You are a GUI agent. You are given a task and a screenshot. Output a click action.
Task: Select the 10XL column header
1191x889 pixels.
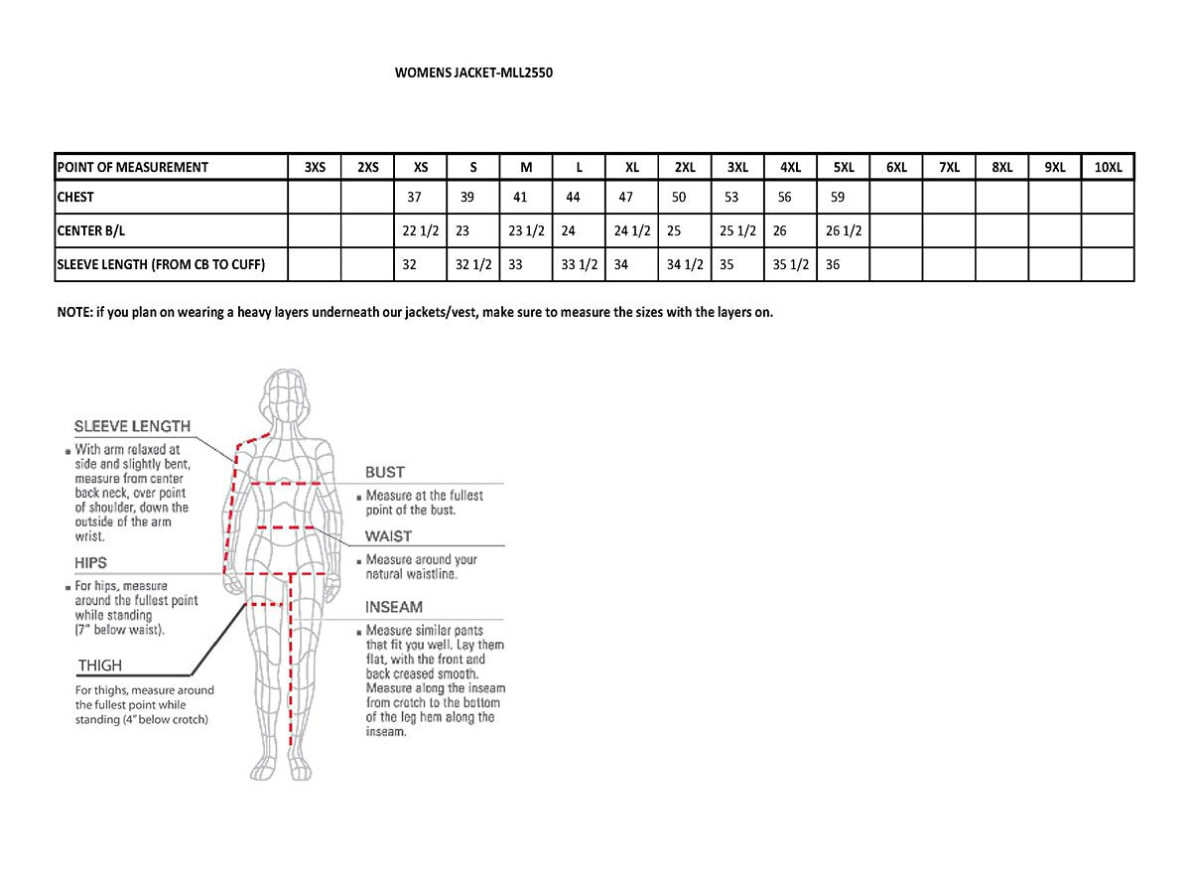pos(1108,167)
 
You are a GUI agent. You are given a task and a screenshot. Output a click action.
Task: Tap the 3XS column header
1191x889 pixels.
pos(315,167)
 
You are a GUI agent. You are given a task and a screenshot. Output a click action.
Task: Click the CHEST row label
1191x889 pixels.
pos(75,198)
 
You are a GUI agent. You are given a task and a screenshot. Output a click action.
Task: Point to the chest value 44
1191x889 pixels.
pos(573,198)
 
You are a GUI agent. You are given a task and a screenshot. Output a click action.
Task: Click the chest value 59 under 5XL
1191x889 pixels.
pos(837,198)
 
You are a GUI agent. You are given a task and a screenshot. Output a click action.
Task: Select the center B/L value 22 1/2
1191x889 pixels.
pos(420,230)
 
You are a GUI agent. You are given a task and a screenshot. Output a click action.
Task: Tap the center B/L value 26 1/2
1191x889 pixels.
pos(844,230)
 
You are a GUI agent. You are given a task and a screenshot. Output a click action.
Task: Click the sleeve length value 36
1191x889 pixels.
pos(833,265)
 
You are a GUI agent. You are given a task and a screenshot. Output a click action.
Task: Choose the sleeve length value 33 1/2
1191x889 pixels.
pos(580,265)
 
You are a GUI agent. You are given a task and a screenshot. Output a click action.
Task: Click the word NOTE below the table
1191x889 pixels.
pos(73,312)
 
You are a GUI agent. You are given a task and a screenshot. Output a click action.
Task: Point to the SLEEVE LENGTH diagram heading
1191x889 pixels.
pos(132,426)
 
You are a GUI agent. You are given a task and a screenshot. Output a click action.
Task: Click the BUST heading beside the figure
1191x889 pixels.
pos(385,473)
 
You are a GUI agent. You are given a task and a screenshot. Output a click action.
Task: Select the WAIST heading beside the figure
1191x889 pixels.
pos(388,536)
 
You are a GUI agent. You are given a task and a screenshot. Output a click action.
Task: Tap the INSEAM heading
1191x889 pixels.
pos(394,607)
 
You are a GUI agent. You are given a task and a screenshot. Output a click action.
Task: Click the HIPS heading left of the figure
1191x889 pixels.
pos(91,563)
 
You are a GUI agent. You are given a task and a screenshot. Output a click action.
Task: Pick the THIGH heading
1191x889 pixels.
pos(99,666)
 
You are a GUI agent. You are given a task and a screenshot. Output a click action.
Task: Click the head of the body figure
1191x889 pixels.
pos(289,398)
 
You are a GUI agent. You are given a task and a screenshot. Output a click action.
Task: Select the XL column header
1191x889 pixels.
pos(632,167)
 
